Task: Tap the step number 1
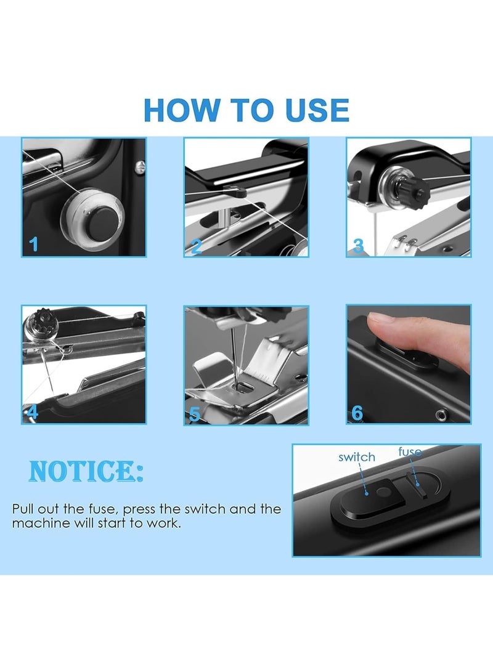pos(34,245)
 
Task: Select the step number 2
pos(196,246)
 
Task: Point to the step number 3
pos(358,246)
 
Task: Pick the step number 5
pos(195,414)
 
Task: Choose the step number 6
pos(357,413)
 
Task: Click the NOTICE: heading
pos(86,471)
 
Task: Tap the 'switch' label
pos(357,457)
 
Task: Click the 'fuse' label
pos(410,451)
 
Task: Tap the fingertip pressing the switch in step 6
pos(386,327)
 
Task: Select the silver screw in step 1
pos(140,167)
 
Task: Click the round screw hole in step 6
pos(441,415)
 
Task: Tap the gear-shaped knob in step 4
pos(43,319)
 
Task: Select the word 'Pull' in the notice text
pos(23,509)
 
